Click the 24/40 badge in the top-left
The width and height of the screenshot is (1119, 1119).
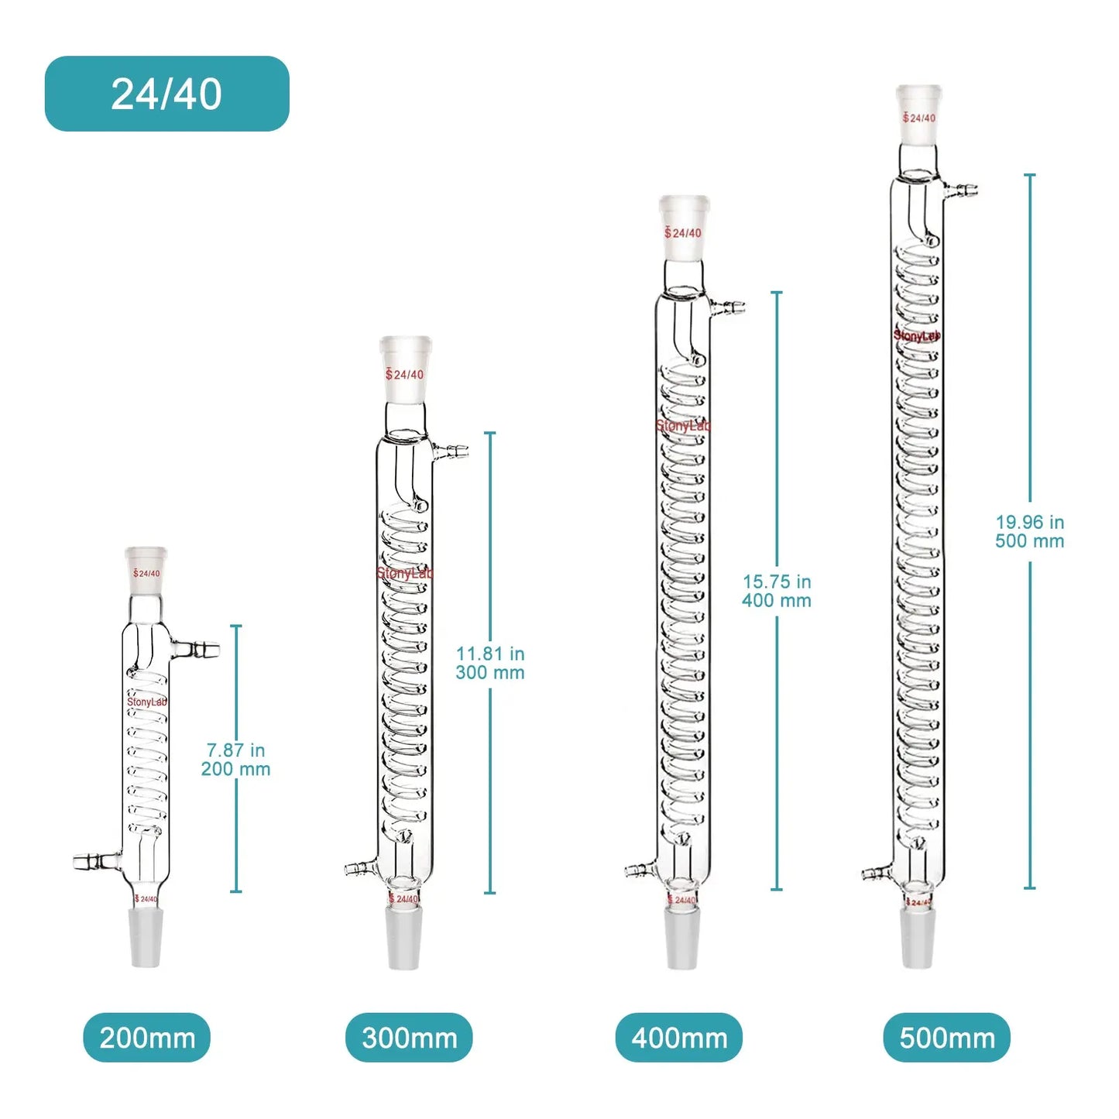coord(166,94)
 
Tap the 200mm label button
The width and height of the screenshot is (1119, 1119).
coord(147,1037)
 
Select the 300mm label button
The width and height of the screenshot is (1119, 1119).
coord(409,1037)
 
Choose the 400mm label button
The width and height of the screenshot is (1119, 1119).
coord(679,1037)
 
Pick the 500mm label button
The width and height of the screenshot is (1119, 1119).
coord(946,1037)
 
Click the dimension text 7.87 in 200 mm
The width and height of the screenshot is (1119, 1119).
coord(236,760)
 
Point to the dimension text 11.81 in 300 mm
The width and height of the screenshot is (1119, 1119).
coord(490,663)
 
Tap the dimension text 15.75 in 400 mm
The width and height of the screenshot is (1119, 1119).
coord(777,591)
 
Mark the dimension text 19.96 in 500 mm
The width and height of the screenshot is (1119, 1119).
coord(1030,531)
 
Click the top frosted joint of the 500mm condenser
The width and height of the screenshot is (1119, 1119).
coord(919,115)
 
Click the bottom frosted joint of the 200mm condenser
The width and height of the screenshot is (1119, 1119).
coord(146,938)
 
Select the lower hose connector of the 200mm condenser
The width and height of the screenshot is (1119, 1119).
coord(94,860)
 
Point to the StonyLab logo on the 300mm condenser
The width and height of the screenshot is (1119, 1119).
coord(404,574)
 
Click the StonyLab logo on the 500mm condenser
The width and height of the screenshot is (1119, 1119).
coord(917,335)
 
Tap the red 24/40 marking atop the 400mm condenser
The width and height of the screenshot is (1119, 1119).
coord(684,232)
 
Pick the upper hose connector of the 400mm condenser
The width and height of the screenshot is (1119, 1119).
coord(729,307)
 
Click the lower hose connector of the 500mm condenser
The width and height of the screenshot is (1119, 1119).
coord(877,874)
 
